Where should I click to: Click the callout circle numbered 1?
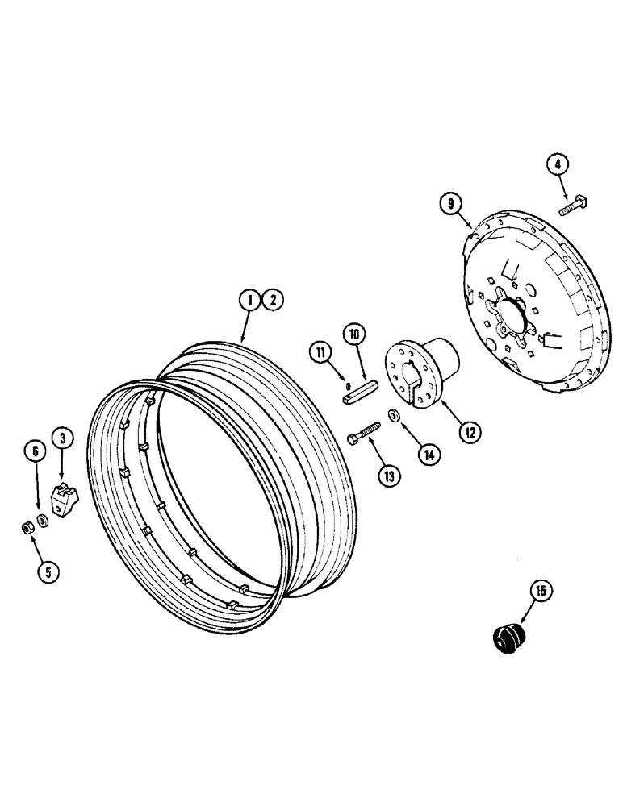pos(251,301)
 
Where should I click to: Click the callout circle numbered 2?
pos(272,301)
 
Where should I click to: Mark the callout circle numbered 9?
pos(450,204)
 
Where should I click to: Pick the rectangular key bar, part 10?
pos(357,393)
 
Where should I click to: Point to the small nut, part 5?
pos(27,527)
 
